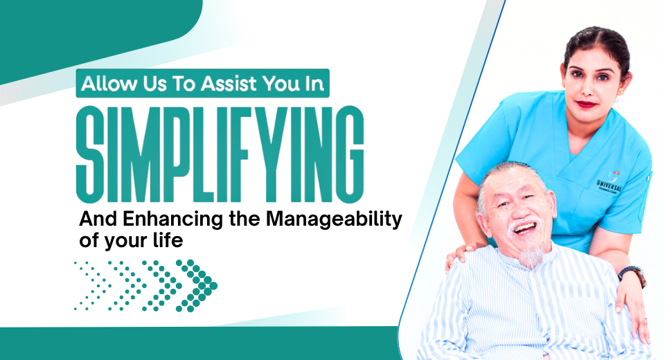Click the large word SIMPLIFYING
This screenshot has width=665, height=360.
[220, 154]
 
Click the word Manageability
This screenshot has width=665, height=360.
[334, 219]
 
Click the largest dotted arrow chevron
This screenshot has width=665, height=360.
[196, 286]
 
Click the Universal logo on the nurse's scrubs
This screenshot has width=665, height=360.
[610, 182]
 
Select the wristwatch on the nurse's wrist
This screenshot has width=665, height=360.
[632, 275]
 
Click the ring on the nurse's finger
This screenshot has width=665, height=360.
[646, 321]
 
